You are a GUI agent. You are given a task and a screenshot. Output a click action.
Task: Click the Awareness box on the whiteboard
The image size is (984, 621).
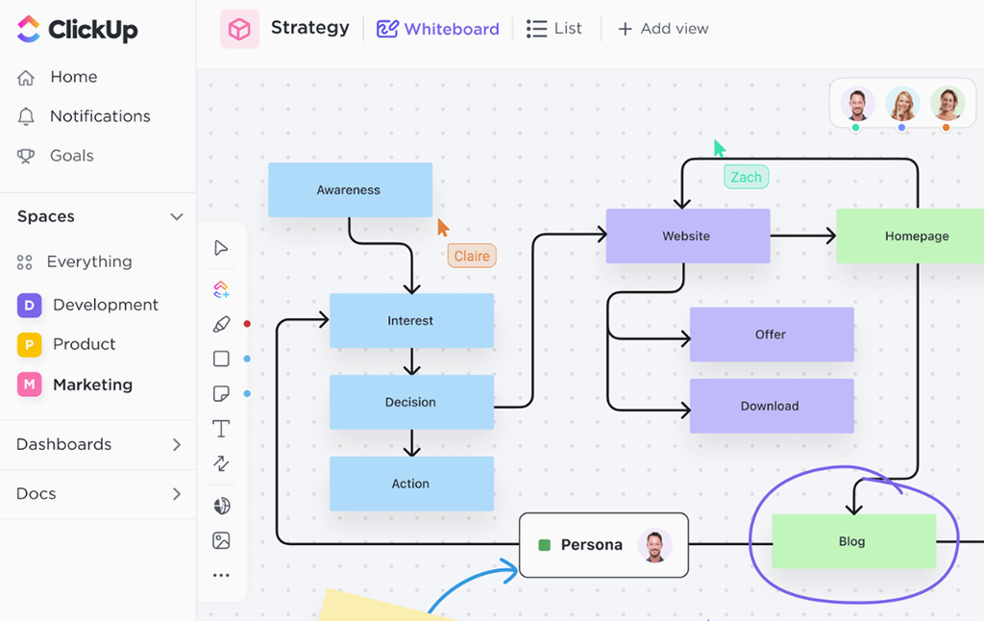click(350, 189)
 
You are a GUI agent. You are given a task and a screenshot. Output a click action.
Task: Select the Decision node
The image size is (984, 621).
click(411, 402)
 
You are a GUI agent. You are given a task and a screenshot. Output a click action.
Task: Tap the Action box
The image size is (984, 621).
click(411, 484)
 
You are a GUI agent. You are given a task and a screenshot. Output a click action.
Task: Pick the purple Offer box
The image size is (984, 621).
click(771, 335)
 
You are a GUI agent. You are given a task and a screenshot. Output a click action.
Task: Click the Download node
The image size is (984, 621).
click(771, 406)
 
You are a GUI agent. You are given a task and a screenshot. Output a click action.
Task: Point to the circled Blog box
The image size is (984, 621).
click(853, 541)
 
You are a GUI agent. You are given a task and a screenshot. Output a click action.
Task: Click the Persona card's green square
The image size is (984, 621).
click(545, 545)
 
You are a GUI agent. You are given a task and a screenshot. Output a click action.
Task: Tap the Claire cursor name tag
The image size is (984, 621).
click(472, 256)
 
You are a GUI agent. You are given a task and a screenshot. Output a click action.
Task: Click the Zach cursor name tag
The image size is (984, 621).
click(746, 177)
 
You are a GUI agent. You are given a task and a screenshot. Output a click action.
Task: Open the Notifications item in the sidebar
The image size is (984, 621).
click(100, 116)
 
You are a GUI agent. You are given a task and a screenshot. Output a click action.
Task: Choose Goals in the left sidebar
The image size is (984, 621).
click(72, 156)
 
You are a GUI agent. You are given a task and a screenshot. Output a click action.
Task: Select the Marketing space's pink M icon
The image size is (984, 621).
click(29, 385)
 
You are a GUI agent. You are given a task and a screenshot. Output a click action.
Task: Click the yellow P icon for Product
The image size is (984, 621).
click(29, 344)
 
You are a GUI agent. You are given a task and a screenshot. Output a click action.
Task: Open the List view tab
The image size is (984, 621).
click(554, 29)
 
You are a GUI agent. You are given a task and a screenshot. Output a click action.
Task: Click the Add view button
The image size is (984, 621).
click(663, 29)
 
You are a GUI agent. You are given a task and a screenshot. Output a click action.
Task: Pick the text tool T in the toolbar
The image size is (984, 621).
click(221, 429)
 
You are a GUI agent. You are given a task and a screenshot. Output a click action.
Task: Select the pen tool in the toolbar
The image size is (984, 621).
click(221, 324)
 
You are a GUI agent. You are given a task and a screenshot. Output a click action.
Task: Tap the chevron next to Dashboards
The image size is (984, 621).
click(177, 445)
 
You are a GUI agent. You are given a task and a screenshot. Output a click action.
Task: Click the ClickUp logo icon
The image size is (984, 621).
click(29, 29)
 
